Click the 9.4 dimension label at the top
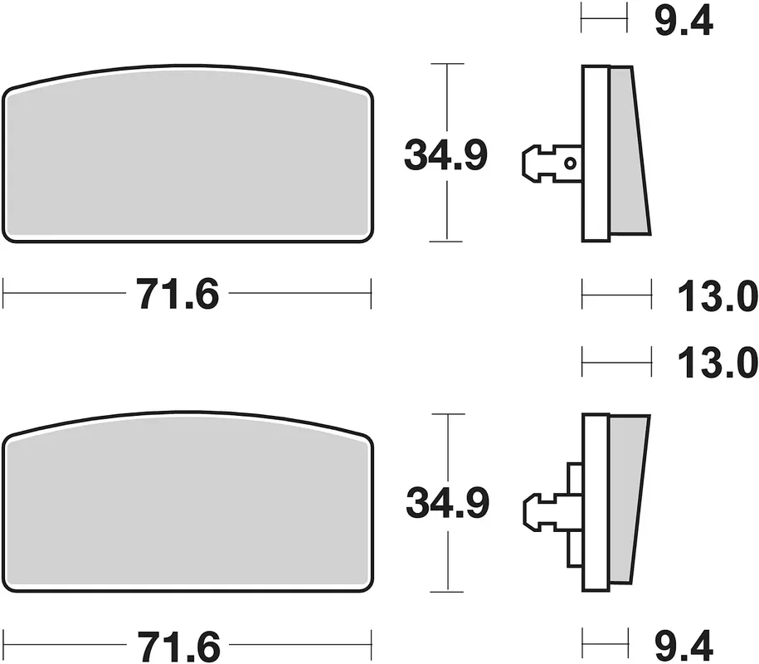[684, 22]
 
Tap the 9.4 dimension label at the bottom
[684, 645]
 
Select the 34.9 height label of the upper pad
[445, 155]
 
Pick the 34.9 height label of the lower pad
[448, 503]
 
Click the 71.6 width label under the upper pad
[178, 294]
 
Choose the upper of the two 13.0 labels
[718, 296]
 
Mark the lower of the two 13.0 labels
[718, 363]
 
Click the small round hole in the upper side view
[571, 164]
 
